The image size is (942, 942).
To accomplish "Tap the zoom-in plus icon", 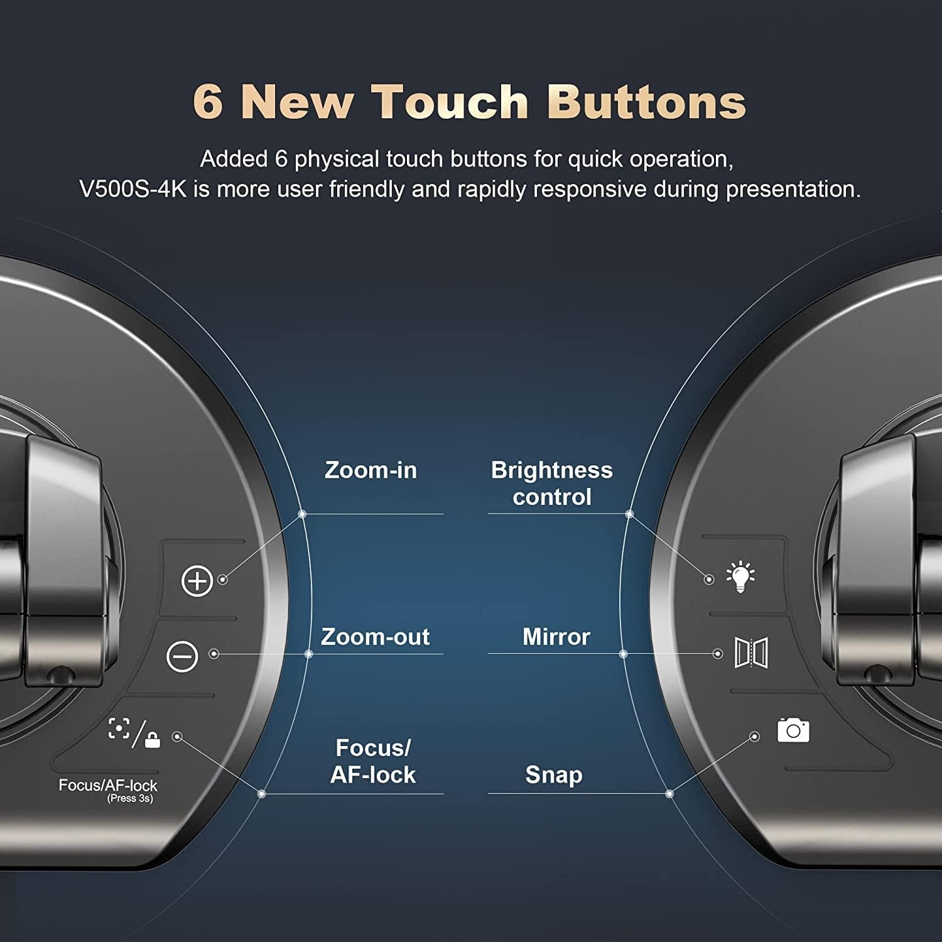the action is [x=197, y=580].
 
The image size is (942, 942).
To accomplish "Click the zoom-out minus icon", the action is [x=182, y=656].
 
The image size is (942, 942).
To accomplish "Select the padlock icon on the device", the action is [x=152, y=739].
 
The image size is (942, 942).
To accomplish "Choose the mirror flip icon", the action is [x=751, y=653].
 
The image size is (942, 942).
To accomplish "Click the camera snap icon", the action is [x=793, y=730].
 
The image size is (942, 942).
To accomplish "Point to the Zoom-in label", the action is [x=371, y=470].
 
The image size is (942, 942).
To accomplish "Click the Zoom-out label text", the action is [x=375, y=637].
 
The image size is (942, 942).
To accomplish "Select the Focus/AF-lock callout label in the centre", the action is [x=373, y=761].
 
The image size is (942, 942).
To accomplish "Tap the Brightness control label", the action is [x=552, y=484].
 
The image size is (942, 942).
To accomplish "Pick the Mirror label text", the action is [x=556, y=637].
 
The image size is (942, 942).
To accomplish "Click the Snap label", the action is [x=554, y=775].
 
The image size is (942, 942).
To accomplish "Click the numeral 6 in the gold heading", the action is [x=208, y=100].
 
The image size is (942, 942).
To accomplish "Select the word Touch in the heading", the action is [x=450, y=100].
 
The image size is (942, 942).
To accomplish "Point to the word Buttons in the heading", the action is [x=647, y=100].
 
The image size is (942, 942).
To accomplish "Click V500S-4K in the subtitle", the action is [x=133, y=189].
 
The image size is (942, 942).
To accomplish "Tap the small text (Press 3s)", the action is [x=130, y=799].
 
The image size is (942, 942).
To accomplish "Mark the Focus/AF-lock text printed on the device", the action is [x=108, y=785].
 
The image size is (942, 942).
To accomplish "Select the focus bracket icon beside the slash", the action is [x=119, y=728].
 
